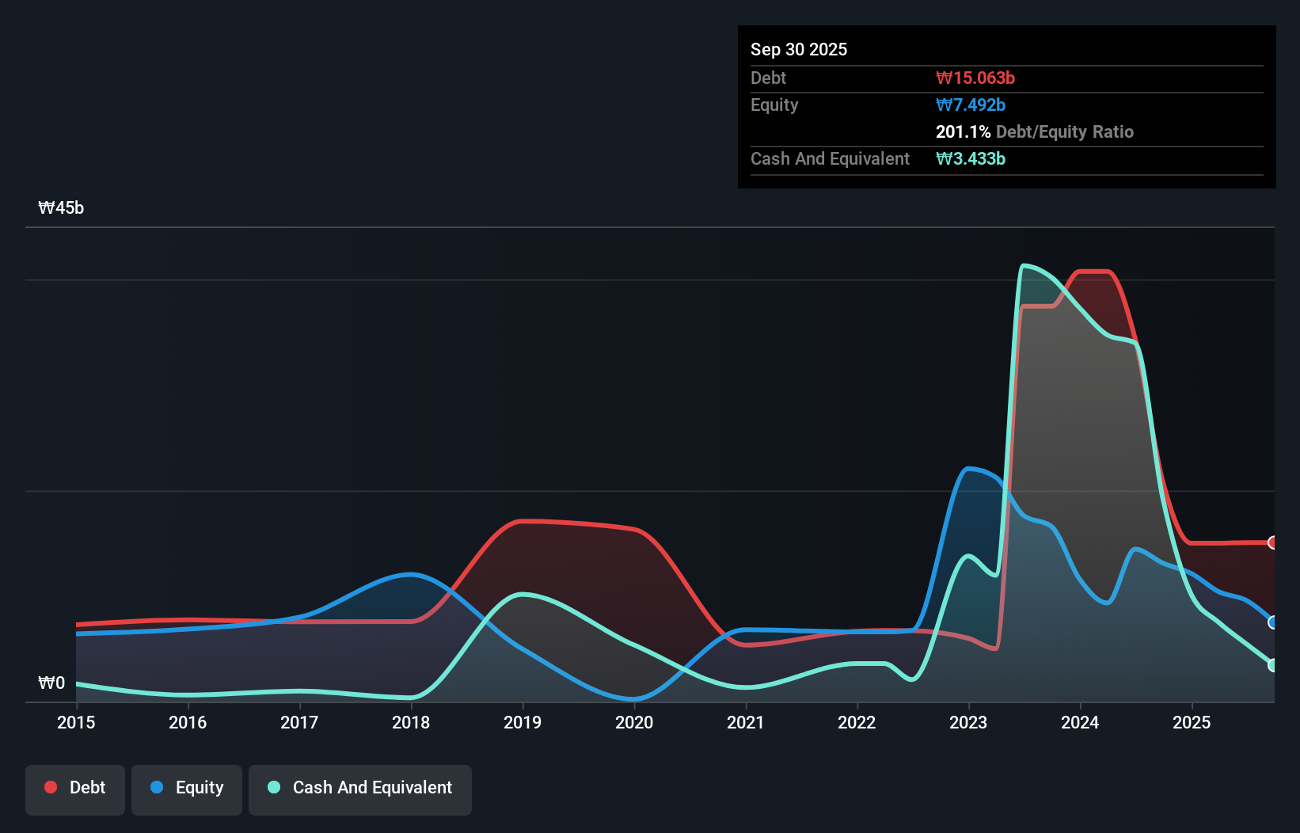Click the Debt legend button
click(x=74, y=788)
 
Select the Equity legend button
click(x=187, y=788)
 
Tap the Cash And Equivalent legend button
click(x=360, y=788)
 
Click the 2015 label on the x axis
click(x=76, y=722)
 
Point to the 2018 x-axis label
click(x=411, y=722)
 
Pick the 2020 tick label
click(x=634, y=722)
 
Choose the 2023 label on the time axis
click(x=968, y=722)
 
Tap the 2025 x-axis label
click(x=1192, y=722)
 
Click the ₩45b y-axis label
click(x=61, y=208)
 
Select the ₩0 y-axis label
click(x=51, y=683)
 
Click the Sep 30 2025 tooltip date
click(x=798, y=49)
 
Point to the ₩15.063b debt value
click(x=975, y=78)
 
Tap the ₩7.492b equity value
click(x=970, y=105)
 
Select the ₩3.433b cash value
click(x=970, y=158)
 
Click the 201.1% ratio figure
click(x=963, y=131)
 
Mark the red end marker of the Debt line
click(x=1272, y=542)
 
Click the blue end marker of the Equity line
click(x=1272, y=622)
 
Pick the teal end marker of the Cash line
click(x=1272, y=665)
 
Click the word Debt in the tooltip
click(x=768, y=78)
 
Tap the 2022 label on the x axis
click(x=857, y=722)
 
